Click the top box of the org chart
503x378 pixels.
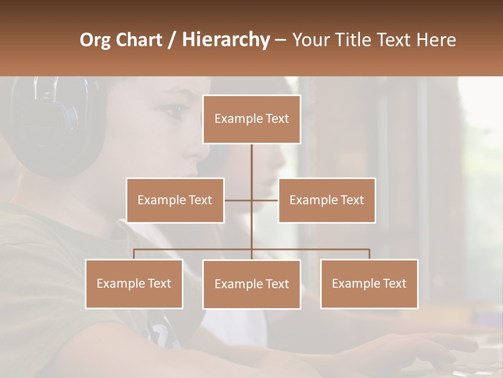coord(251,119)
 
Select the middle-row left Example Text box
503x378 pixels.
coord(175,200)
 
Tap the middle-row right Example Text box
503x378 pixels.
coord(326,200)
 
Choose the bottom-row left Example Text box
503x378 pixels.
coord(134,283)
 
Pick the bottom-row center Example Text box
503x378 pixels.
coord(251,284)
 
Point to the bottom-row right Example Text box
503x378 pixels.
coord(369,283)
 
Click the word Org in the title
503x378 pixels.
coord(95,40)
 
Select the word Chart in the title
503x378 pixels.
coord(139,40)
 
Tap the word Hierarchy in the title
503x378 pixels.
coord(225,40)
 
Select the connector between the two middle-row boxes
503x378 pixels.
coord(251,200)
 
